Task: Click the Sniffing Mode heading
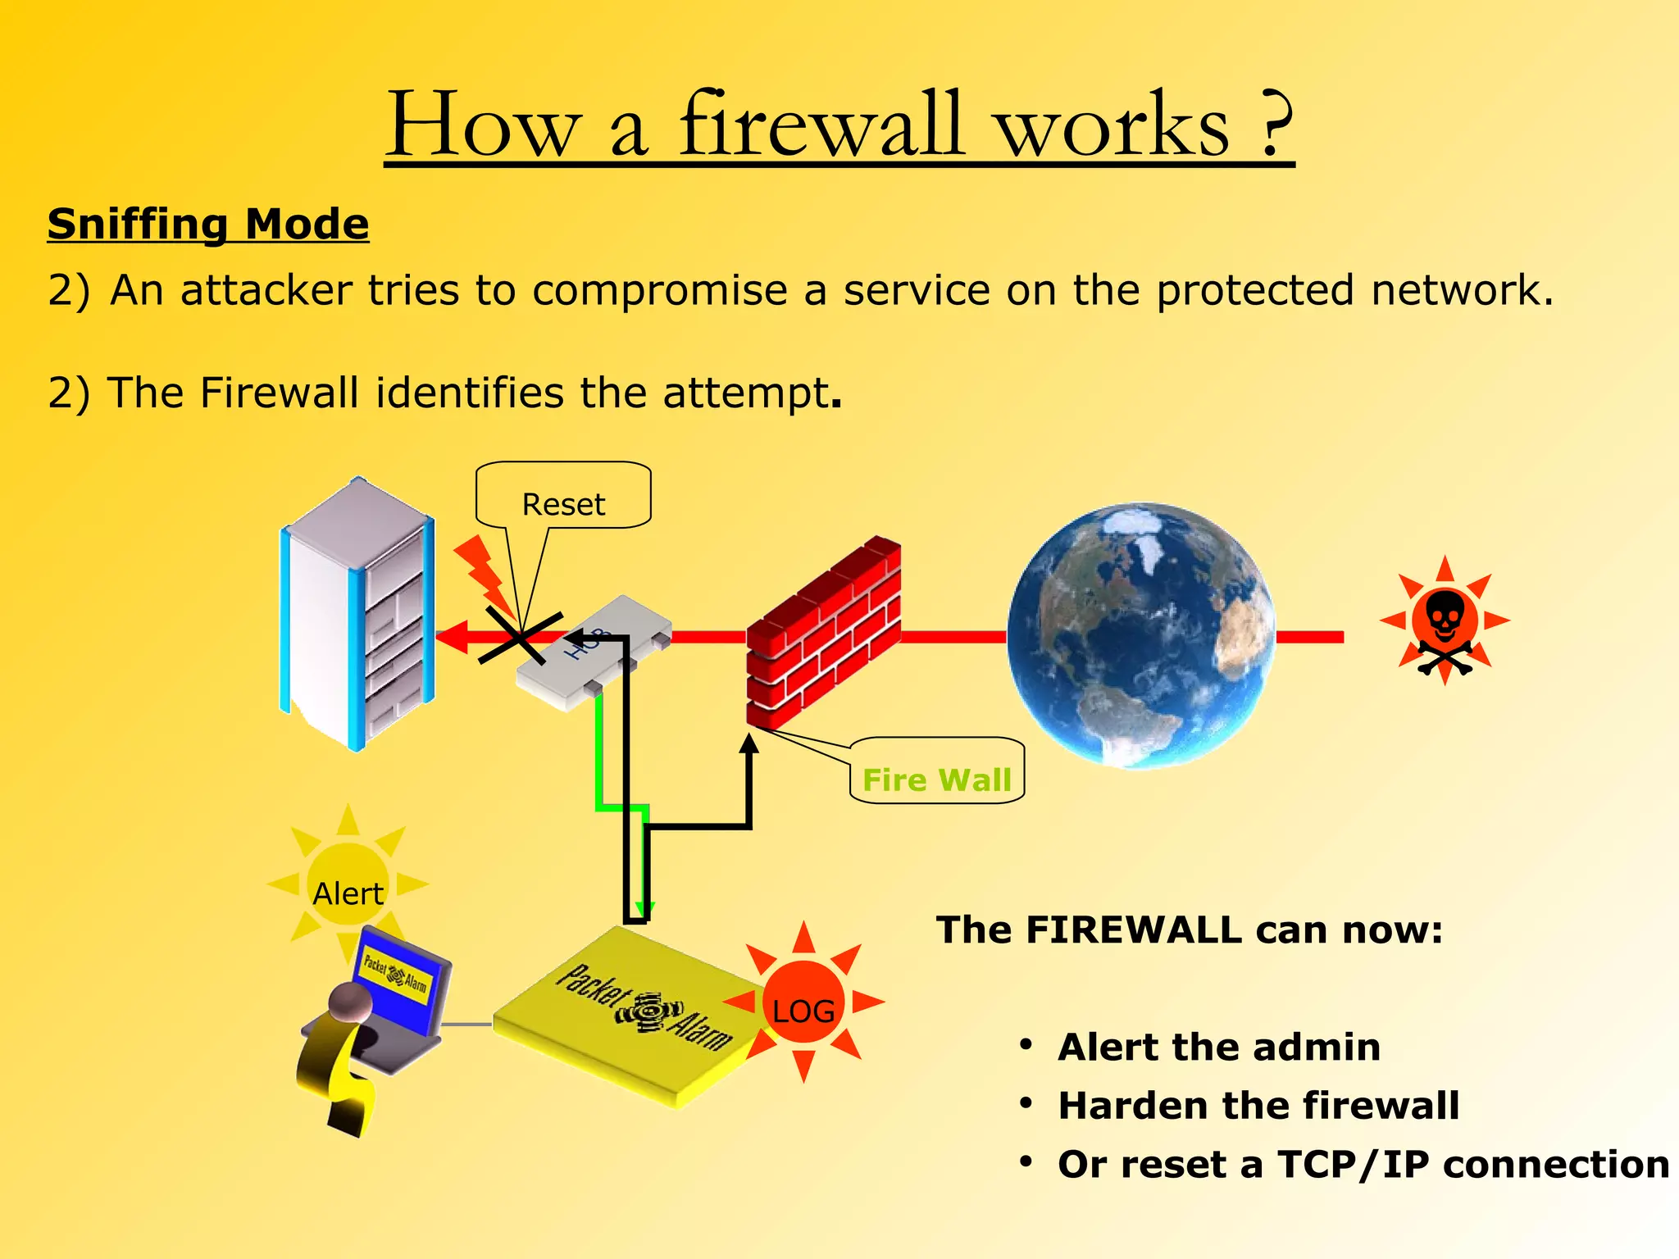click(x=208, y=224)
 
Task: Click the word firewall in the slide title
click(x=820, y=125)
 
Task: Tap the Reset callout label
click(x=563, y=504)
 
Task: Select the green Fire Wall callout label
click(x=937, y=779)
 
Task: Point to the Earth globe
click(x=1140, y=635)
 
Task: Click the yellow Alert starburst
click(x=348, y=885)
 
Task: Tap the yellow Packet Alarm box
click(x=631, y=1016)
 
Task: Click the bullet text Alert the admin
click(x=1219, y=1048)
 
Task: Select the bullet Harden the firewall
click(x=1258, y=1106)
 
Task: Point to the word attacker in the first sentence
click(x=266, y=290)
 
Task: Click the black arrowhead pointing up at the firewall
click(x=748, y=744)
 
